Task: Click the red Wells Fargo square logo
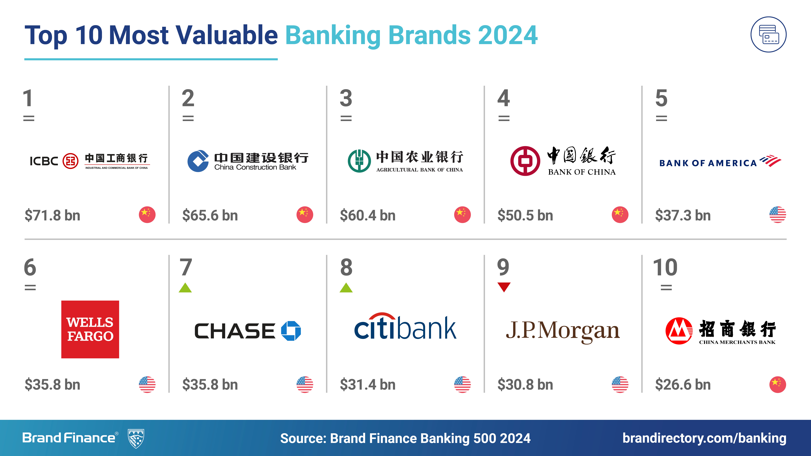coord(90,329)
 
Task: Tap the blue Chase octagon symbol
coord(291,331)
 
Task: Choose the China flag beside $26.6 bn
coord(778,384)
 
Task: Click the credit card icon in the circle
coord(769,34)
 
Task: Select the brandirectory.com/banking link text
coord(704,438)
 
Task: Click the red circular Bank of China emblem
coord(525,161)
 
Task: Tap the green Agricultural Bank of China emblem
coord(359,161)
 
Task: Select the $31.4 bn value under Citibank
coord(368,385)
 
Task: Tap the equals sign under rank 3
coord(346,118)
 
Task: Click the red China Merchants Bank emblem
coord(679,331)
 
